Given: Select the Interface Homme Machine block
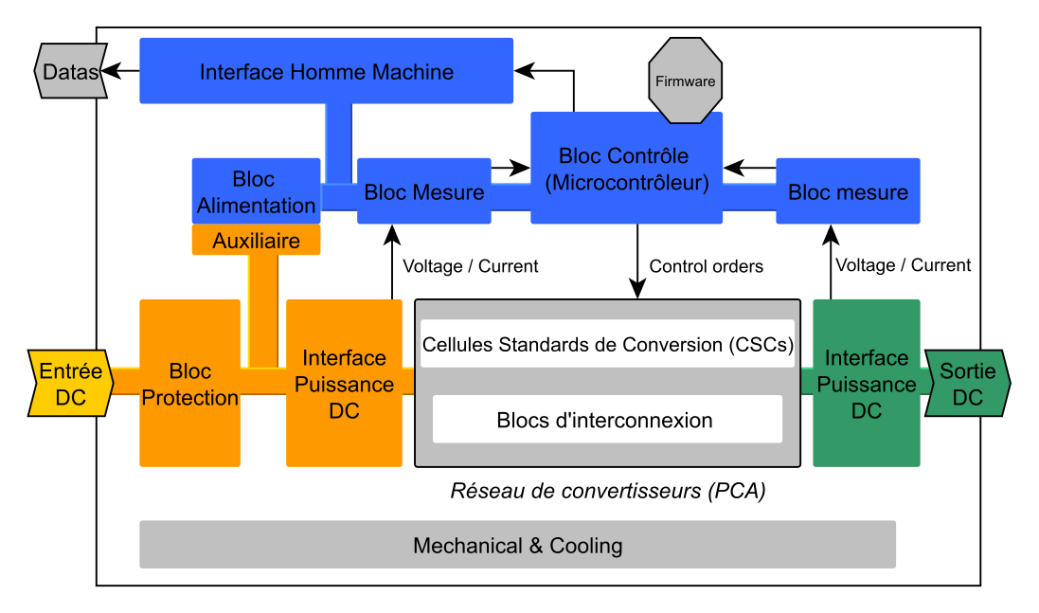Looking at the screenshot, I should click(x=326, y=71).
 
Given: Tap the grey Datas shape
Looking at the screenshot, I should click(x=68, y=71).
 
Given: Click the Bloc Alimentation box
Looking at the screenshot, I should click(x=256, y=191).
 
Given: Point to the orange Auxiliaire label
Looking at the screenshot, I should click(x=256, y=241).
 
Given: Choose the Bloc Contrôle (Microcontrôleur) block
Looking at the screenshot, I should click(x=626, y=169).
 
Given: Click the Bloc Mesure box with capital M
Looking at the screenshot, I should click(x=423, y=192).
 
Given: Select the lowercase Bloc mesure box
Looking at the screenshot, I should click(x=848, y=192).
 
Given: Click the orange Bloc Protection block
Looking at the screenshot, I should click(x=189, y=384).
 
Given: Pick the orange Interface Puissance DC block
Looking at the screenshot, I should click(x=344, y=384).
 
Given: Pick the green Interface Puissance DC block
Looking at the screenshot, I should click(x=866, y=384).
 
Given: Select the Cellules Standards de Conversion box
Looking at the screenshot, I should click(x=607, y=344).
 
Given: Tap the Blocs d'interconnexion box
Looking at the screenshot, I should click(x=607, y=420).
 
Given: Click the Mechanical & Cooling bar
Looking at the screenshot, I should click(x=517, y=545).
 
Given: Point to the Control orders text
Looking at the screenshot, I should click(x=707, y=266).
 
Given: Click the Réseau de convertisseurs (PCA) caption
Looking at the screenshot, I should click(x=607, y=492).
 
